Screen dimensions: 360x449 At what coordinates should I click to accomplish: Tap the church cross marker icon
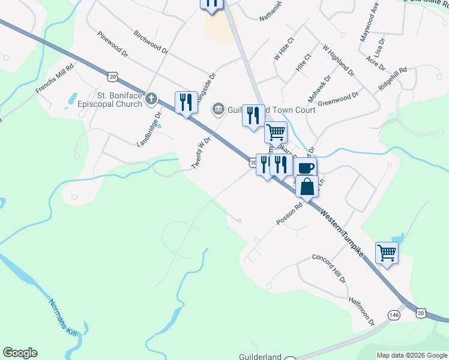point(152,98)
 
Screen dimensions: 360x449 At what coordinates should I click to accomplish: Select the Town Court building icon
point(218,109)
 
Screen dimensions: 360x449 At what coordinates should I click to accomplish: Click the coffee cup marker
point(305,167)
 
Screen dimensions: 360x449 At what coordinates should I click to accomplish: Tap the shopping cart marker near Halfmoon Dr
point(387,253)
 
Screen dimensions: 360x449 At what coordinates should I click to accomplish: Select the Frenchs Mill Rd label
point(54,79)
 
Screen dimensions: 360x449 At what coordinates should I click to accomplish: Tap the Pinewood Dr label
point(112,44)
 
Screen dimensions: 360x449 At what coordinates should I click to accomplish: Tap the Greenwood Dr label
point(338,98)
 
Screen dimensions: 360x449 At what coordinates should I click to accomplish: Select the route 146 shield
point(394,314)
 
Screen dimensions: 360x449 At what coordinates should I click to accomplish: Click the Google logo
point(20,353)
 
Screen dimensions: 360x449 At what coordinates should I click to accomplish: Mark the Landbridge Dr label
point(149,129)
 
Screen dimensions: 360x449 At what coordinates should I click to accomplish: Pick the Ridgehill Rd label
point(393,79)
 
